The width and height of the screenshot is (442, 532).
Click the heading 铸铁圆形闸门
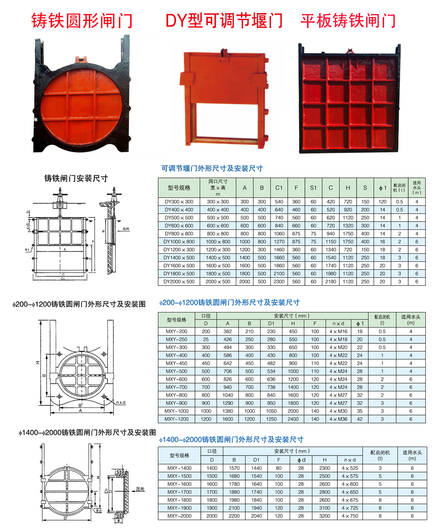(x=82, y=20)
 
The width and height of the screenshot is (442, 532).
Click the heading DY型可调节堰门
(x=224, y=20)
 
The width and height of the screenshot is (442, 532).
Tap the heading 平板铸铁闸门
(x=348, y=20)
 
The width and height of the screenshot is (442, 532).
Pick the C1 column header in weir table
(x=278, y=188)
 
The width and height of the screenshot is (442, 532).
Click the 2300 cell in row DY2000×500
(x=278, y=281)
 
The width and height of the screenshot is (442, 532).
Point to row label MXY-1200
(x=176, y=419)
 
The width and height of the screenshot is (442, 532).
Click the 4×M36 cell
(x=338, y=419)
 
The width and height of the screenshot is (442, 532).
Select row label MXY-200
(x=176, y=332)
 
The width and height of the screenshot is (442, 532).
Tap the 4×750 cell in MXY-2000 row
(x=350, y=516)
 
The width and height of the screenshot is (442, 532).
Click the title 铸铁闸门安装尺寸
(x=76, y=178)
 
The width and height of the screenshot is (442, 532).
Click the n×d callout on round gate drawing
(x=121, y=402)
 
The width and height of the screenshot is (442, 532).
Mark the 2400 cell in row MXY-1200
(x=293, y=419)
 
